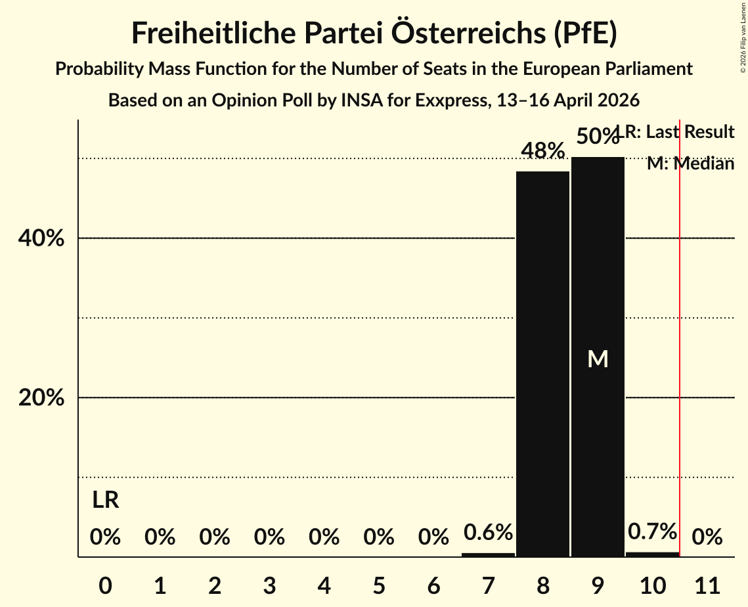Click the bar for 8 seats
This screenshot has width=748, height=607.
tap(542, 364)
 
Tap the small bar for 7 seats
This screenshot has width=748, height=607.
tap(488, 554)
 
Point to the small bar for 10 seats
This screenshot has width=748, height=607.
tap(652, 554)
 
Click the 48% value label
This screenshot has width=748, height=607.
tap(542, 151)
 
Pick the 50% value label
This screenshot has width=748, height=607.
tap(596, 137)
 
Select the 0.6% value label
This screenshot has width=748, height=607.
tap(488, 532)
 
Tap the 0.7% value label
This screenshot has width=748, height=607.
tap(652, 531)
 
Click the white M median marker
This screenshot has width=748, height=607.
tap(598, 359)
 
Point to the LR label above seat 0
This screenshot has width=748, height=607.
tap(105, 501)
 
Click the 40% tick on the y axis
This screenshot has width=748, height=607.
tap(41, 238)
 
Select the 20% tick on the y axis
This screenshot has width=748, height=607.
tap(41, 398)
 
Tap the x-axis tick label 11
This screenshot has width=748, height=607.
tap(707, 585)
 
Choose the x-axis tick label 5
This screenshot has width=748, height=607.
tap(378, 585)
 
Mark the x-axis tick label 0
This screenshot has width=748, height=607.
tap(105, 585)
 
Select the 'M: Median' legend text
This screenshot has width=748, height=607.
tap(690, 164)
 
